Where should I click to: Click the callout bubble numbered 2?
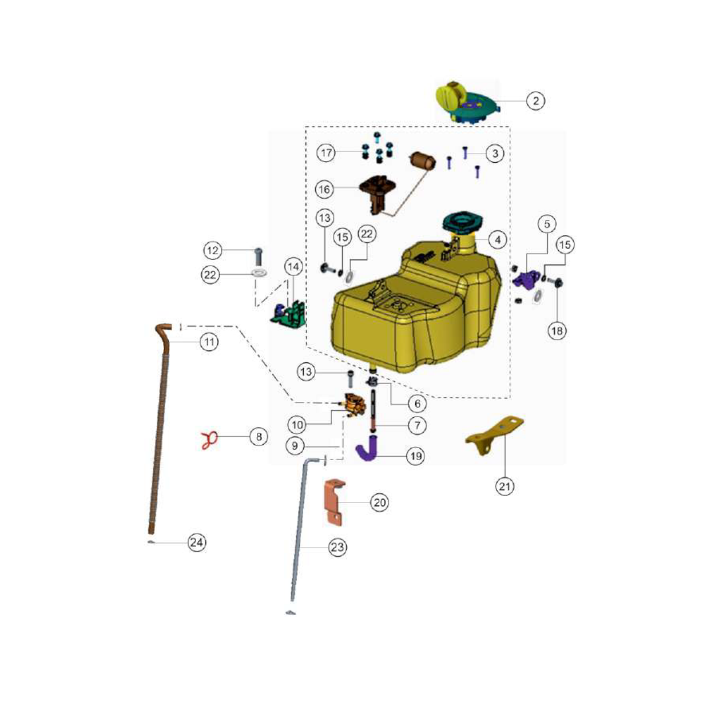536,101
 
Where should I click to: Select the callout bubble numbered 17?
326,152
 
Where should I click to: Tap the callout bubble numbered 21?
504,486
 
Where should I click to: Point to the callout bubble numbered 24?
197,542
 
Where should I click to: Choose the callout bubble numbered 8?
259,436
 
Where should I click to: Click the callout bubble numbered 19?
415,455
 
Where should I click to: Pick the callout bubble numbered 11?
209,342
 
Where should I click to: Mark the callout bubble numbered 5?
547,224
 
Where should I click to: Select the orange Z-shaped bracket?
334,502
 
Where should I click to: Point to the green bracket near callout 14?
289,312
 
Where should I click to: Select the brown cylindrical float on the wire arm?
422,160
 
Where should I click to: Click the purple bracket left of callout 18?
525,279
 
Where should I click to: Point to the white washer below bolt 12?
259,273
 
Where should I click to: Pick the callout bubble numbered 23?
337,547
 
